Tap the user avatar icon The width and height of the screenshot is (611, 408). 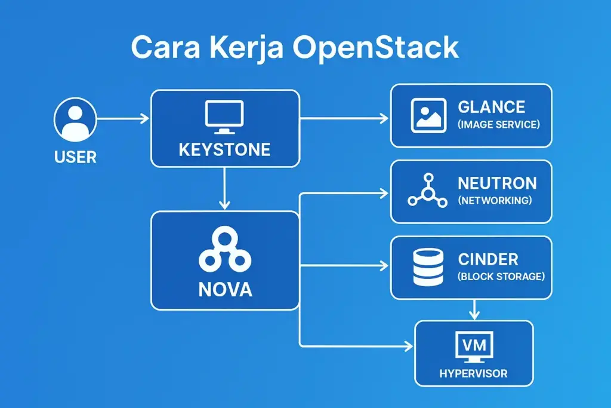pos(75,119)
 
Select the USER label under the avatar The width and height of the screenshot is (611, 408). pos(75,158)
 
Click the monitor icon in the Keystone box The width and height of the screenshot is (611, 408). pos(224,116)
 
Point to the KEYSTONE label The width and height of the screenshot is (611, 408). pos(224,149)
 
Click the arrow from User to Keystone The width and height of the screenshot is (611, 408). pos(122,119)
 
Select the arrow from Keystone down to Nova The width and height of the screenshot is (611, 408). pos(224,188)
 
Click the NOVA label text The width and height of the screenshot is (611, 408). pos(224,290)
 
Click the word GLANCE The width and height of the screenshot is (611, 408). pos(491,107)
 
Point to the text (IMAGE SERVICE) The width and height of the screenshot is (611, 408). pos(498,125)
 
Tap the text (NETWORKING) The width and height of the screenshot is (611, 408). pos(495,201)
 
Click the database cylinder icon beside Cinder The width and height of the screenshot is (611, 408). pos(428,267)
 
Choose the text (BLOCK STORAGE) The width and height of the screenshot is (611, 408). pos(501,277)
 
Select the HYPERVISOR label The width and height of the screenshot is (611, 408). pos(473,374)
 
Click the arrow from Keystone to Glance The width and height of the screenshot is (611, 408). pos(344,119)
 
